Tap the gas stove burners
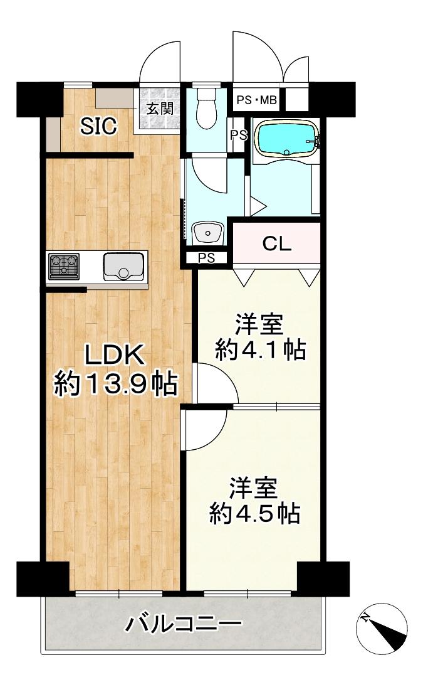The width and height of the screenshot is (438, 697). (x=65, y=265)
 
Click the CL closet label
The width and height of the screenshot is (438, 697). (x=276, y=244)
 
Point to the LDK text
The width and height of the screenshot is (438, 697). (x=115, y=356)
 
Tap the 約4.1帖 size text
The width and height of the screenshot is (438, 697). (x=260, y=349)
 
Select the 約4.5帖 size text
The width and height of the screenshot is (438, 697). (x=254, y=514)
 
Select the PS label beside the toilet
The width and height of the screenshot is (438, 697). (x=237, y=136)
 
